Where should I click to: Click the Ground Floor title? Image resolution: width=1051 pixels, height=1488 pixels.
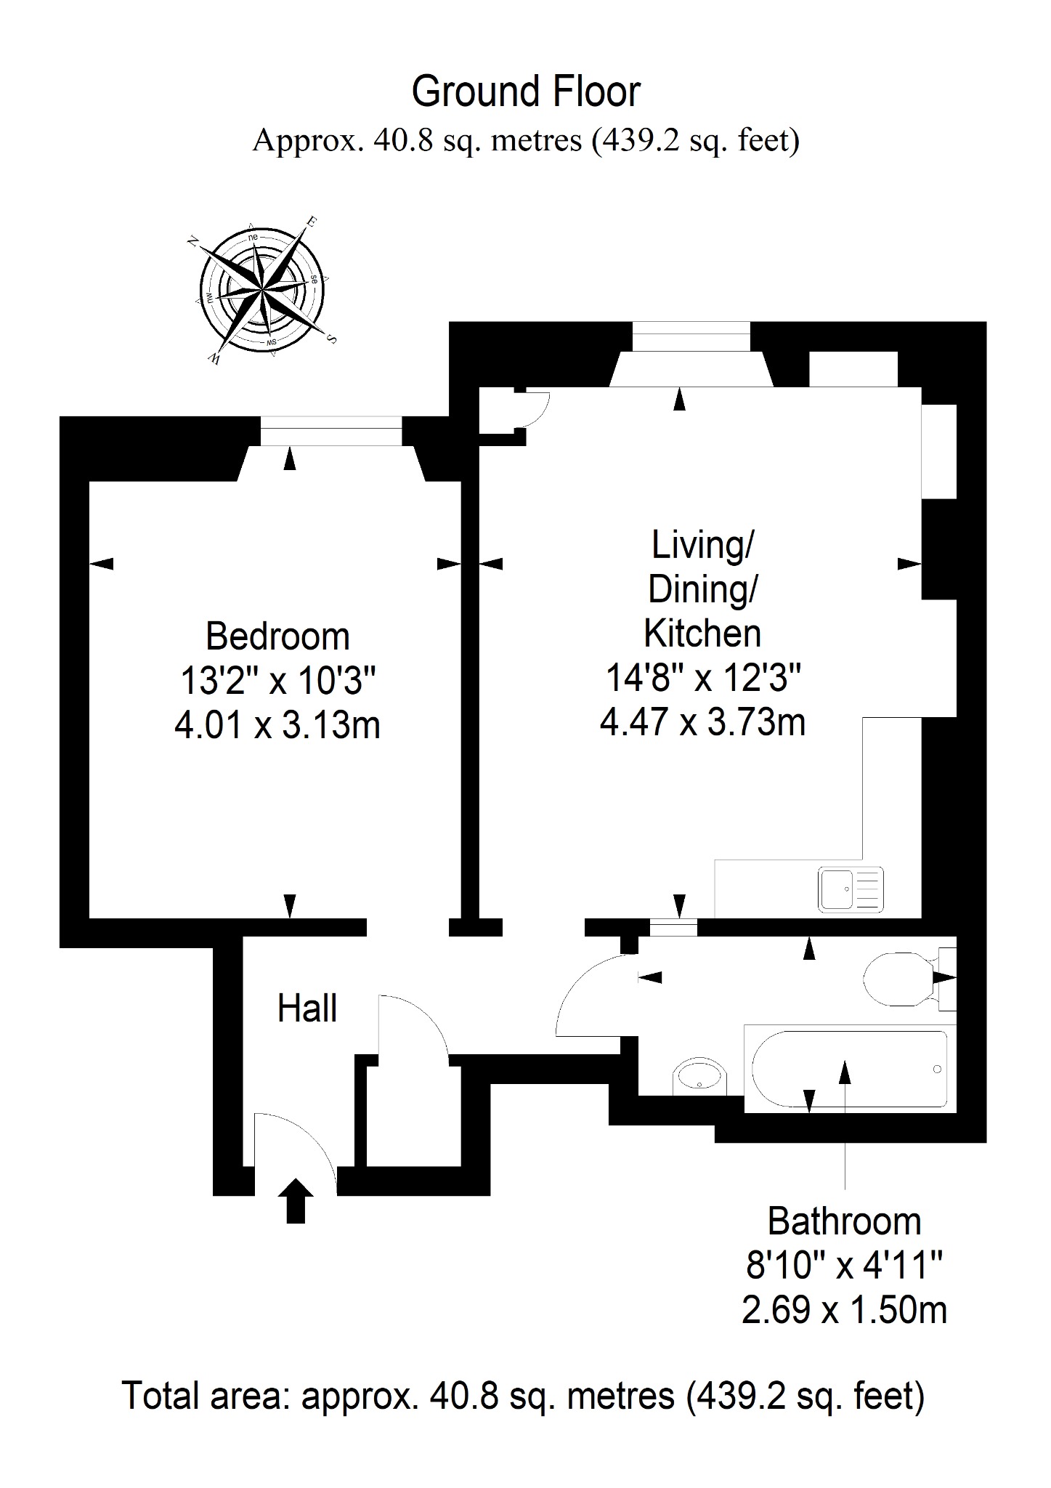[x=526, y=92]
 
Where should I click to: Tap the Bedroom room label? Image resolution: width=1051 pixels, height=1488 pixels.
[x=277, y=636]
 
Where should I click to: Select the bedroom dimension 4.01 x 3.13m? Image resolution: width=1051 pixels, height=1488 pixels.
[x=277, y=725]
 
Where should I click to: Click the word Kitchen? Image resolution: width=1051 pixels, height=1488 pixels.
[x=702, y=634]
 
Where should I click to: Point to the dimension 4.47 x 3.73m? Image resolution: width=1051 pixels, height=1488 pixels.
[x=702, y=723]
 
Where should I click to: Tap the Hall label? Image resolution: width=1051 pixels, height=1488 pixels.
[x=307, y=1008]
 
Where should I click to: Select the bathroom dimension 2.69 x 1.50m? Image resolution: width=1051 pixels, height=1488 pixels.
[x=845, y=1310]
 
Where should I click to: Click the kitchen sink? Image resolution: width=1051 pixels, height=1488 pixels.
[x=851, y=889]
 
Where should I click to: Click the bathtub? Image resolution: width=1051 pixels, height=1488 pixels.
[x=850, y=1069]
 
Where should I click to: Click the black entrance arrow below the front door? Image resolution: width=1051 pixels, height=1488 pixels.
[x=296, y=1200]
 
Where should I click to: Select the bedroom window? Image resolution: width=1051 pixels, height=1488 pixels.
[x=330, y=431]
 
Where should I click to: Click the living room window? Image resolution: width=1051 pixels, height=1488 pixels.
[x=691, y=337]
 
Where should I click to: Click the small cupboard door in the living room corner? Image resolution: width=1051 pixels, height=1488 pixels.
[x=537, y=410]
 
